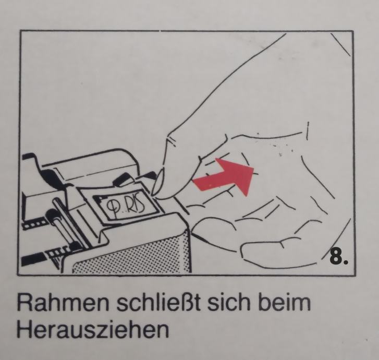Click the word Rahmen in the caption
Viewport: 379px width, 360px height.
point(63,303)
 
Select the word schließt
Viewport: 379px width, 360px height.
point(158,303)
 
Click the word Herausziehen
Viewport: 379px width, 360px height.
point(93,330)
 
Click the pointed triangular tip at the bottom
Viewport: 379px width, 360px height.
point(56,262)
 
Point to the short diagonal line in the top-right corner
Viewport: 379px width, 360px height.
point(340,45)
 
